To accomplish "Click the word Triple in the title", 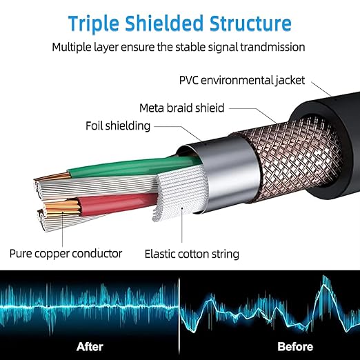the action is point(94,24).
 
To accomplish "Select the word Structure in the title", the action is point(250,23).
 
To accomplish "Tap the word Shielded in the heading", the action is point(164,23).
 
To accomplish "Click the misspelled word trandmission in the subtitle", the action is point(272,47).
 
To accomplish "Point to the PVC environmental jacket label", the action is point(242,81).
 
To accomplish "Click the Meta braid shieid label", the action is point(181,108).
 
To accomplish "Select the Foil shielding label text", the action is point(118,126).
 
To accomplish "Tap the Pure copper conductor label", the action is point(66,254).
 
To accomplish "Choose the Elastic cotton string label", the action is point(192,254).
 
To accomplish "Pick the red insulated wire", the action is point(117,203).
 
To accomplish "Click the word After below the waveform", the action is point(90,347).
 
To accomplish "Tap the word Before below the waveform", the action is point(295,347).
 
